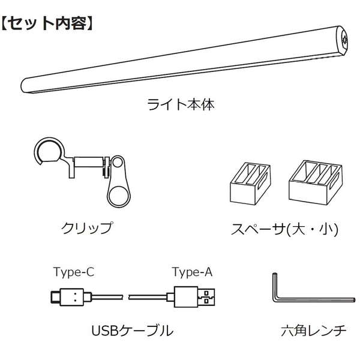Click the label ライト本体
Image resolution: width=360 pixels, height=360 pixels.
click(181, 104)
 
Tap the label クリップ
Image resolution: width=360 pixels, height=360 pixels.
click(87, 228)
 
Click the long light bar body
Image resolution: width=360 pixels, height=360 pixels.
click(180, 59)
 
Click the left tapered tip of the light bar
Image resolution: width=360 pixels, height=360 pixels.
click(27, 83)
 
